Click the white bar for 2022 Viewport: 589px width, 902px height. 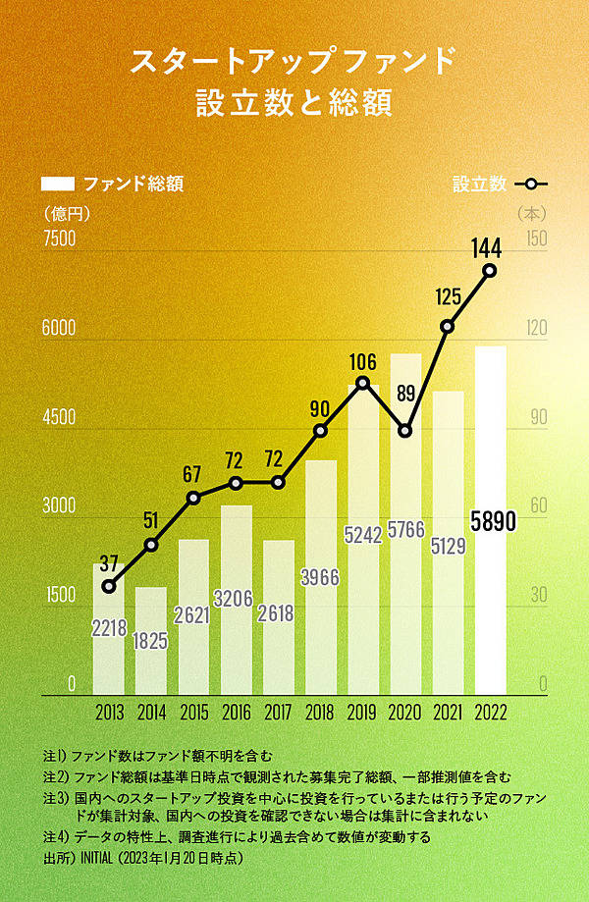490,520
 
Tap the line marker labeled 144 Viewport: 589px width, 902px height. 489,271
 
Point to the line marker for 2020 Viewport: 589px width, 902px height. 404,430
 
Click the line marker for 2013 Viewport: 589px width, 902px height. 109,586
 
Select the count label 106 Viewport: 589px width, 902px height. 362,362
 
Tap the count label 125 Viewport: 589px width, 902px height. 448,296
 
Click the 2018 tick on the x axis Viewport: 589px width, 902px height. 320,711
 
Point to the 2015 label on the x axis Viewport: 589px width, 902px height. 193,711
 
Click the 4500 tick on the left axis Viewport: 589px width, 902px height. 58,417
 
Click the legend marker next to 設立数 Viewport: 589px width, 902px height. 531,184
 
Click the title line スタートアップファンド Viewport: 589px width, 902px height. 294,61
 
